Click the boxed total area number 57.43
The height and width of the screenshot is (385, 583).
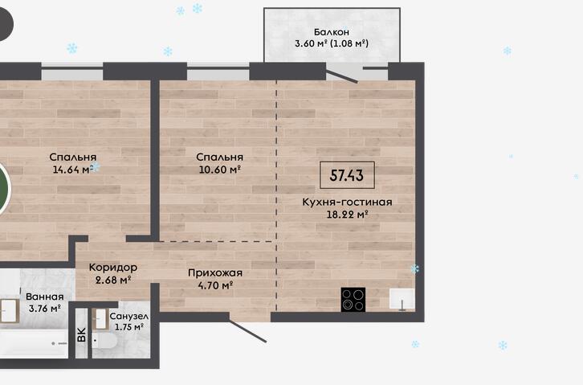pyautogui.click(x=347, y=175)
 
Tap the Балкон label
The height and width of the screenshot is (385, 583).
pyautogui.click(x=332, y=32)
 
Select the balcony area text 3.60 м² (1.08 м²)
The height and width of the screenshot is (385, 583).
pyautogui.click(x=332, y=43)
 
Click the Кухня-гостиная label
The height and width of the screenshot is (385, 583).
pyautogui.click(x=347, y=202)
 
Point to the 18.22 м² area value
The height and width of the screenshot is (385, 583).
pyautogui.click(x=347, y=215)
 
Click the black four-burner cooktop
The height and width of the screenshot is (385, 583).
pyautogui.click(x=353, y=300)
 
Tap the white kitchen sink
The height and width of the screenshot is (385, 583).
pyautogui.click(x=402, y=299)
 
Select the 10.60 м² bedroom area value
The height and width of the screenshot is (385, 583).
pyautogui.click(x=219, y=170)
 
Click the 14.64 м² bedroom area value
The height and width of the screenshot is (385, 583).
pyautogui.click(x=73, y=170)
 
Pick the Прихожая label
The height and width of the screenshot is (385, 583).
pyautogui.click(x=215, y=273)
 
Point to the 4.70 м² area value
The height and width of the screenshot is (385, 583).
pyautogui.click(x=215, y=285)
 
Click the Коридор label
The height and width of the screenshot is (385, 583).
pyautogui.click(x=113, y=268)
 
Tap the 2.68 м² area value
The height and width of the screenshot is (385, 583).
pyautogui.click(x=112, y=280)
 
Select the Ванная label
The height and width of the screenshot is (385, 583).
pyautogui.click(x=45, y=297)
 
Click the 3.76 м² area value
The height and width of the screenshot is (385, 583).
pyautogui.click(x=45, y=309)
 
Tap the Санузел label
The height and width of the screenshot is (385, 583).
pyautogui.click(x=129, y=317)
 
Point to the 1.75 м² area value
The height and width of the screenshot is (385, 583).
pyautogui.click(x=129, y=327)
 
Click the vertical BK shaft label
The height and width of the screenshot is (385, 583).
pyautogui.click(x=82, y=334)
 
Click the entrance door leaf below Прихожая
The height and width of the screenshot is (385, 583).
pyautogui.click(x=247, y=330)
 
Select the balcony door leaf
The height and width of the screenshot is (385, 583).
pyautogui.click(x=342, y=76)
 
